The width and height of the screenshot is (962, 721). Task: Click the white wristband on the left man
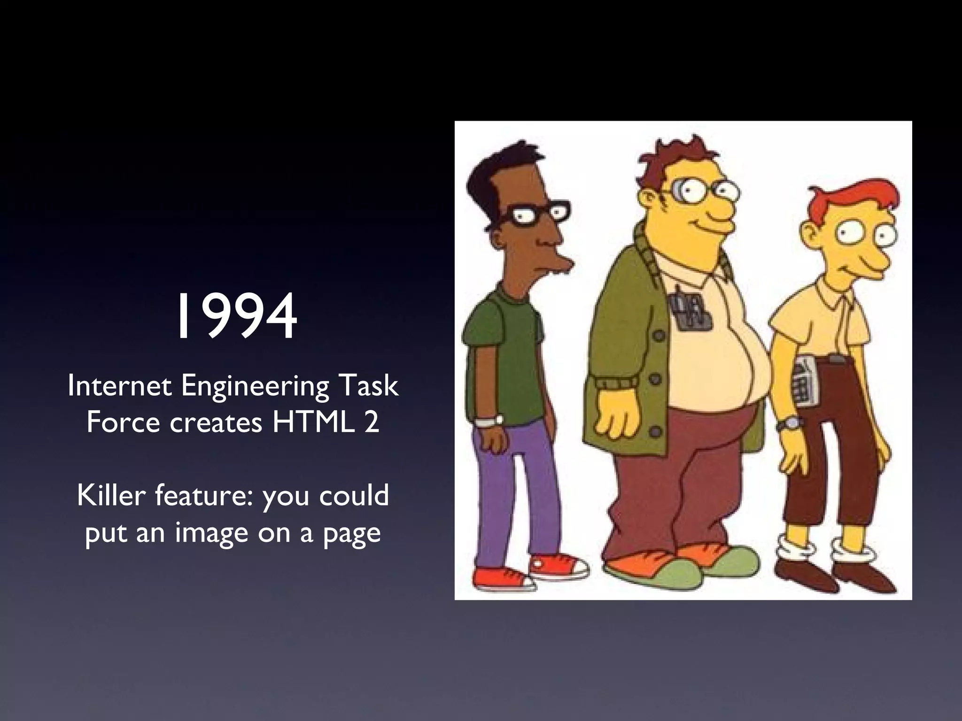coord(489,421)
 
